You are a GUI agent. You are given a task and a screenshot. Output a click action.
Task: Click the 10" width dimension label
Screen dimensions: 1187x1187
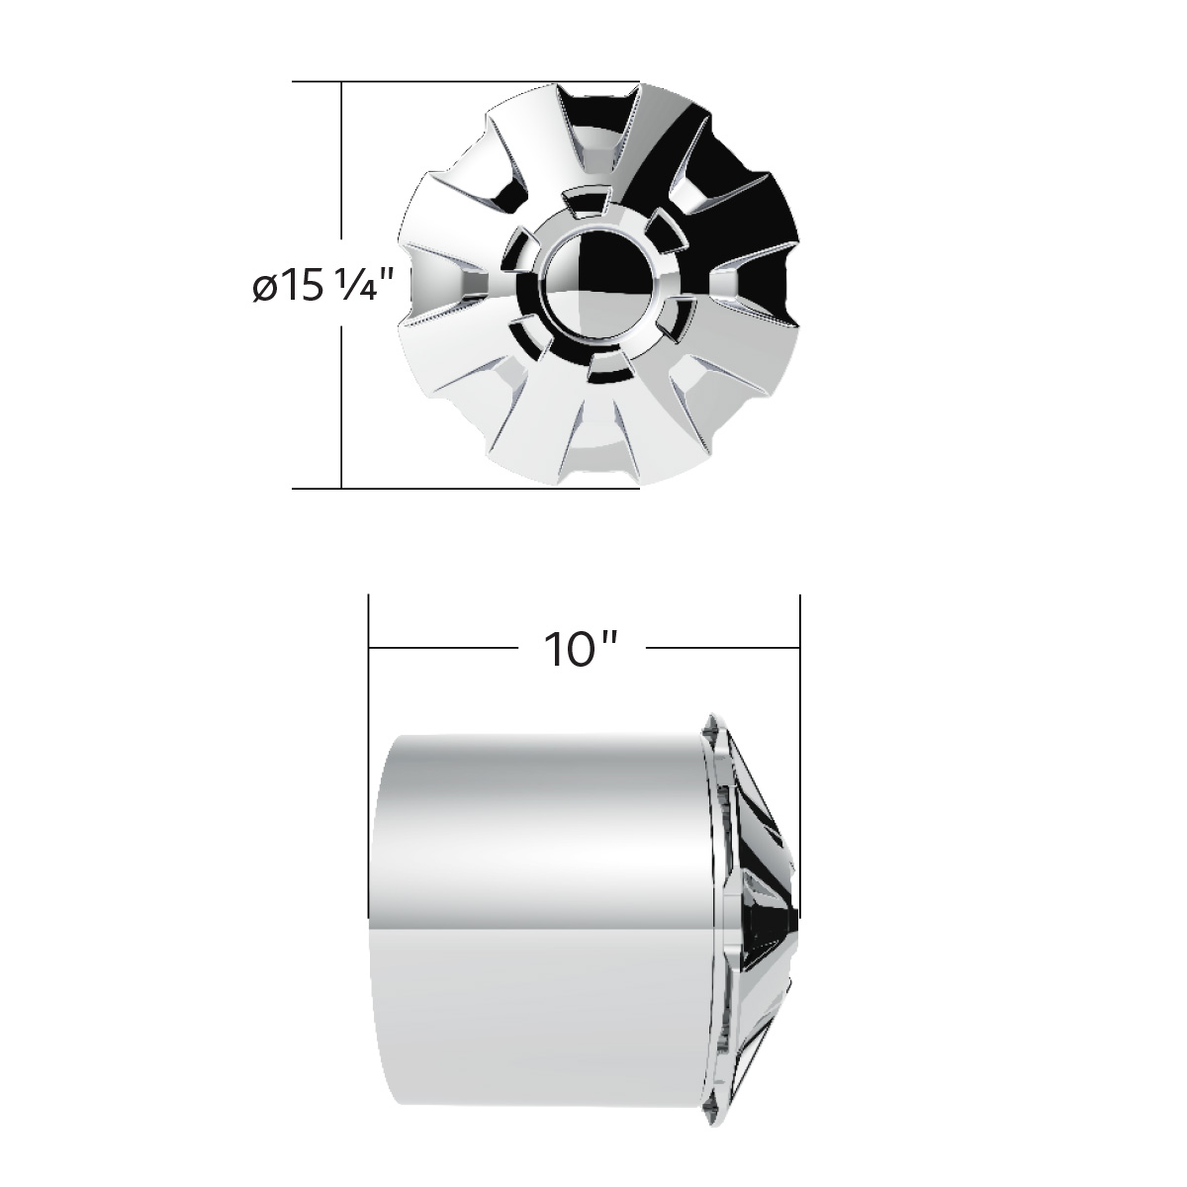tap(581, 649)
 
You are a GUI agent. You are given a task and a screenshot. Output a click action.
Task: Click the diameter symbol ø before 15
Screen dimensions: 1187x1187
tap(265, 288)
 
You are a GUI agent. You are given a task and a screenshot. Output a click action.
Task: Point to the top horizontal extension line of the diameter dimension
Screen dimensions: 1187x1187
tap(465, 82)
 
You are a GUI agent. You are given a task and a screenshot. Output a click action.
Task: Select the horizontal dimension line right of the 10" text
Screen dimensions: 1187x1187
tap(722, 649)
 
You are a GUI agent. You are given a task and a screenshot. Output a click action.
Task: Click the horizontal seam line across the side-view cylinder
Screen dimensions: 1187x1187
tap(534, 931)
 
